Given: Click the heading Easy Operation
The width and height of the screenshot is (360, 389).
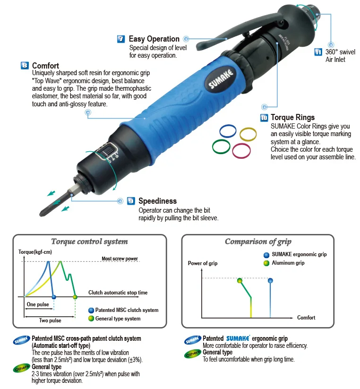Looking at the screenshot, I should [154, 39].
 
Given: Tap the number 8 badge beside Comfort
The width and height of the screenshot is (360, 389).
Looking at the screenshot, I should [25, 66].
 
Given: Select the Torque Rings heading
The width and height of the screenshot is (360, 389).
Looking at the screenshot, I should [292, 117].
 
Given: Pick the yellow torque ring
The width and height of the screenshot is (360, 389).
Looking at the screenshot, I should [248, 134].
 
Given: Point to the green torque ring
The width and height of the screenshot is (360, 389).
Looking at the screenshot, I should [222, 146].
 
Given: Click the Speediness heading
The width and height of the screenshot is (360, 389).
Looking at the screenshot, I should [157, 201].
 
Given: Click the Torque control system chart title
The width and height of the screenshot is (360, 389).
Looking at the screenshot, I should [89, 242].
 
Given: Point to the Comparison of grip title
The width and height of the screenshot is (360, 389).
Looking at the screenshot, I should [258, 242].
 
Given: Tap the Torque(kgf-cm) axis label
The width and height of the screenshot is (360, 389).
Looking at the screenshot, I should [34, 252].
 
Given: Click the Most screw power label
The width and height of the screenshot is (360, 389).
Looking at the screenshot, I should [120, 259].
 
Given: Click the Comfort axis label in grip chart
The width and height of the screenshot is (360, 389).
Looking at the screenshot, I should [306, 318].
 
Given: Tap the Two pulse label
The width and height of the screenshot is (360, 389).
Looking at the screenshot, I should [50, 320].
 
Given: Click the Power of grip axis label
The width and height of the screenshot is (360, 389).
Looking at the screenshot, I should [203, 263].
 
